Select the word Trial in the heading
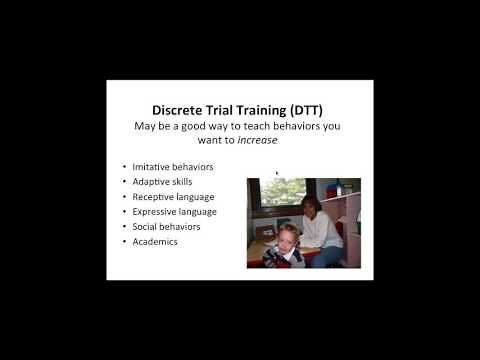tap(237, 111)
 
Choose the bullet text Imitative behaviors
tap(175, 166)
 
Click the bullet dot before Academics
tap(123, 241)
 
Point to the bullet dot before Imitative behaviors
tap(123, 166)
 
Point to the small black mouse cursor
tap(277, 172)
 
